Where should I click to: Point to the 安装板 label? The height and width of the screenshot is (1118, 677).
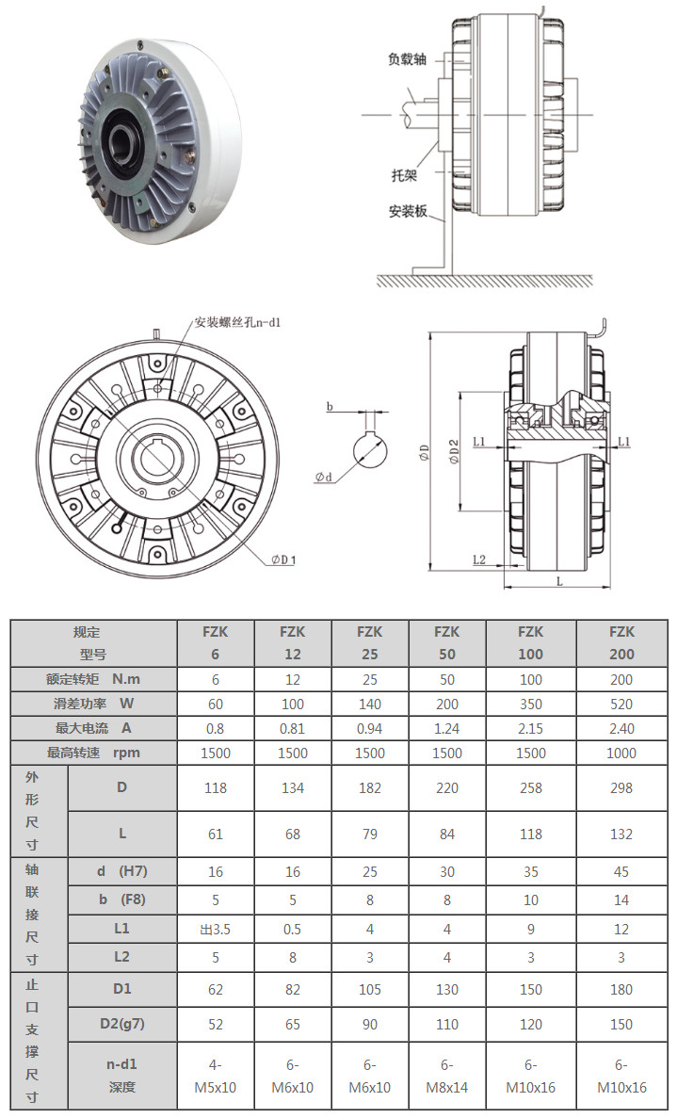point(407,211)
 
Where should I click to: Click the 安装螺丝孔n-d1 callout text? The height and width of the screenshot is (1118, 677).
point(238,322)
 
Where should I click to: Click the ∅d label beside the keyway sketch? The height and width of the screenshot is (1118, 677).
point(325,478)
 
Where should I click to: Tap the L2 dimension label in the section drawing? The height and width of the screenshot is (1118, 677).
point(478,559)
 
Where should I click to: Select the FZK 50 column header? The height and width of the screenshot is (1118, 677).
point(446,642)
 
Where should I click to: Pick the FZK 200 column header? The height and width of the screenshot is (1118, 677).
point(621,642)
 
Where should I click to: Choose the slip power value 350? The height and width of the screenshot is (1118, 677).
point(531,704)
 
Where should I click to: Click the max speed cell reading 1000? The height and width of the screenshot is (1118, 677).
point(621,753)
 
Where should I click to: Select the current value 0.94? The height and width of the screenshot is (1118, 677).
point(370,728)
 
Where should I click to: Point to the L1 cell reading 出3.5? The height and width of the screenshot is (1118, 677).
point(216,930)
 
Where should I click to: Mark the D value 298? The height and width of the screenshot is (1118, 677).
point(621,787)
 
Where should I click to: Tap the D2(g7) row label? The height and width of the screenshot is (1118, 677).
point(121,1024)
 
